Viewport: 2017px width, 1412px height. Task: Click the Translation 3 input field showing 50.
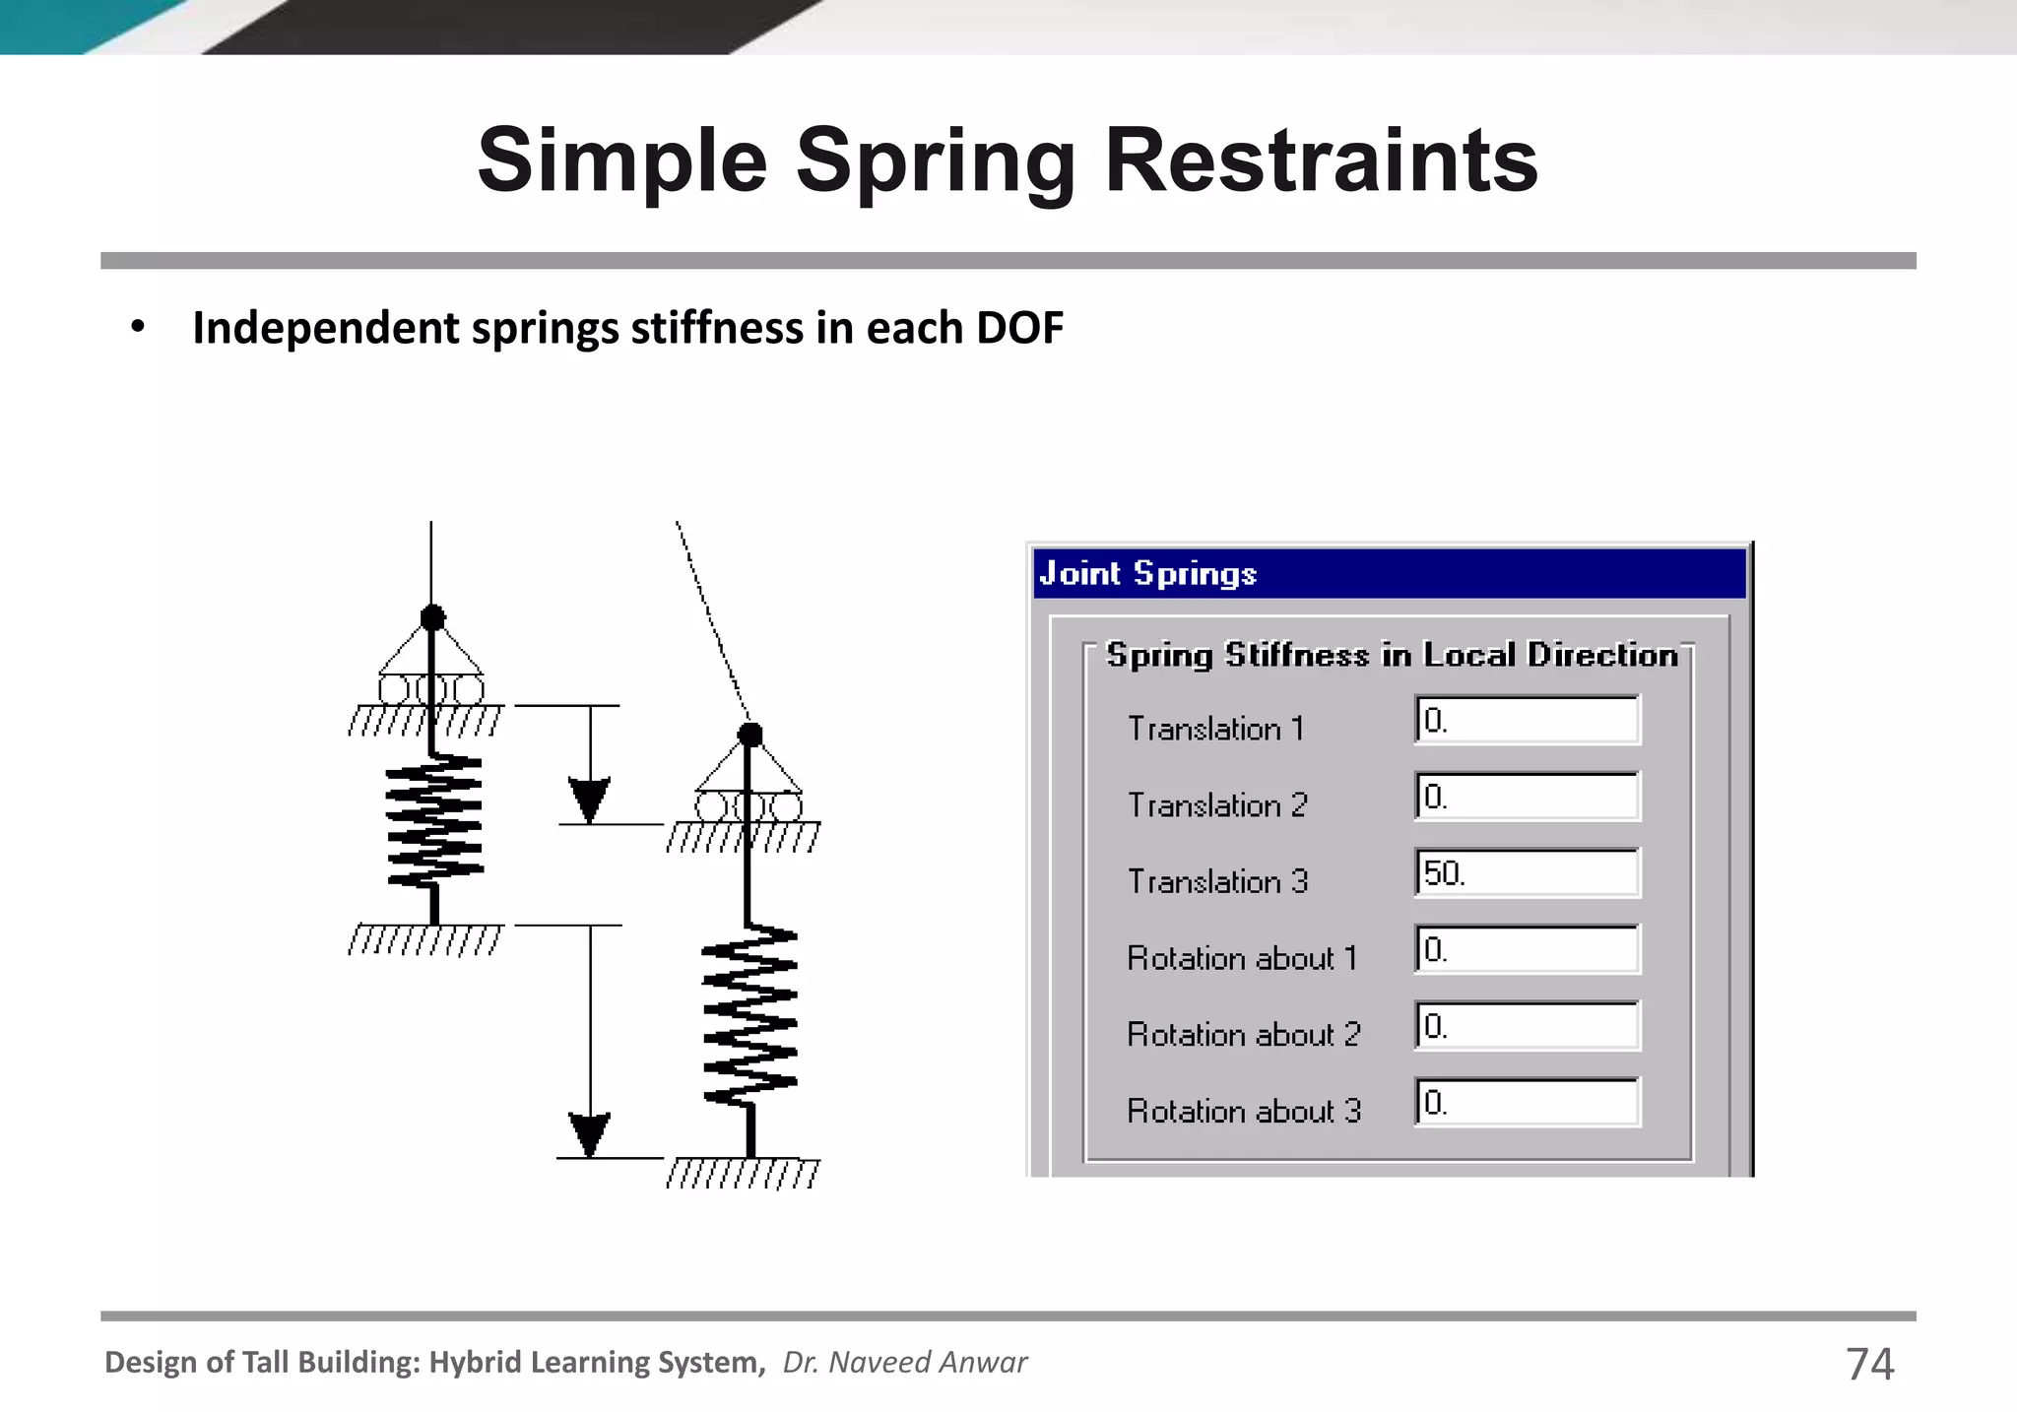click(x=1527, y=872)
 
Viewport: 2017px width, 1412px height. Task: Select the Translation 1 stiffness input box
click(x=1527, y=720)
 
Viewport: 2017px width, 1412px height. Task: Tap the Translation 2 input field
click(x=1527, y=797)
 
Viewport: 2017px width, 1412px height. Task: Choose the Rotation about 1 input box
click(x=1527, y=949)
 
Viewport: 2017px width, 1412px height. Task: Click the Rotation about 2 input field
click(x=1527, y=1026)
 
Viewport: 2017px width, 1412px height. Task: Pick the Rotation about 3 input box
click(x=1527, y=1102)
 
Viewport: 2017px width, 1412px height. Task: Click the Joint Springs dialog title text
click(x=1148, y=573)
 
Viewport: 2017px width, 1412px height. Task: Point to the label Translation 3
click(x=1217, y=881)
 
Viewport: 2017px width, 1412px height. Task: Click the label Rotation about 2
click(x=1243, y=1034)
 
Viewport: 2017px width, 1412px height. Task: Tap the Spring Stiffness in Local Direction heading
click(x=1392, y=655)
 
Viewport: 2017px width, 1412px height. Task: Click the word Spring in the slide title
click(x=935, y=161)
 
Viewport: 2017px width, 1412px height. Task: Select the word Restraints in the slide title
click(x=1321, y=161)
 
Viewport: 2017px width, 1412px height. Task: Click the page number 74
click(x=1869, y=1364)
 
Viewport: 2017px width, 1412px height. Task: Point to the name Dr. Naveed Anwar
click(x=904, y=1362)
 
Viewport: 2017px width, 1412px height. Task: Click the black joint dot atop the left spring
click(x=432, y=617)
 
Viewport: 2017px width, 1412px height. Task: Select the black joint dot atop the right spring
click(x=750, y=735)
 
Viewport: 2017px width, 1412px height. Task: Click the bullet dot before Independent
click(x=138, y=327)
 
